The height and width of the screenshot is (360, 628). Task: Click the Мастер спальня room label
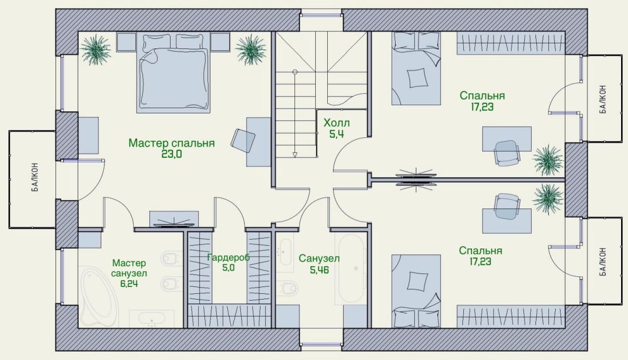pyautogui.click(x=171, y=143)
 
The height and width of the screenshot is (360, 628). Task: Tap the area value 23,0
pyautogui.click(x=172, y=154)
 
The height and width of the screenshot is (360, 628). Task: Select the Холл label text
pyautogui.click(x=337, y=123)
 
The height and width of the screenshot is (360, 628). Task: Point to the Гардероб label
pyautogui.click(x=228, y=257)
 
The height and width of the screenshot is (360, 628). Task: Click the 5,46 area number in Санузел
pyautogui.click(x=319, y=270)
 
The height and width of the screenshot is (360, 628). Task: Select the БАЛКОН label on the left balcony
pyautogui.click(x=35, y=177)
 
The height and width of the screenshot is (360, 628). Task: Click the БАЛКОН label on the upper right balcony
pyautogui.click(x=603, y=99)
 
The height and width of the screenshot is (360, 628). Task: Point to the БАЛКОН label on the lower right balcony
pyautogui.click(x=603, y=261)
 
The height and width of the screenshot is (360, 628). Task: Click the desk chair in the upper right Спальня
pyautogui.click(x=507, y=152)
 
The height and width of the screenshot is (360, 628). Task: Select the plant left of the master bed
pyautogui.click(x=95, y=49)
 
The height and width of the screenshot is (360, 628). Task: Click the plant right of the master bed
pyautogui.click(x=250, y=50)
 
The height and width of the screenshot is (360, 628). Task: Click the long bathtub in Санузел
pyautogui.click(x=351, y=269)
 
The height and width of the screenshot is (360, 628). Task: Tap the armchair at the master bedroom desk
pyautogui.click(x=243, y=141)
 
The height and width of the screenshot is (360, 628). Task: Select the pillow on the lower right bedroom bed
pyautogui.click(x=417, y=281)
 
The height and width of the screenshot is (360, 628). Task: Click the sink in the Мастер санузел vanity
pyautogui.click(x=152, y=318)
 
